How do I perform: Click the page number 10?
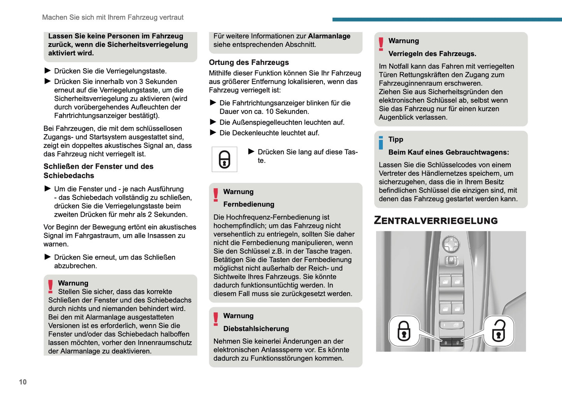pos(23,382)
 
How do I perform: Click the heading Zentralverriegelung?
pos(436,221)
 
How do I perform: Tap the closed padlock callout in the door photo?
pos(404,331)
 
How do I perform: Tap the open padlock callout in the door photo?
pos(499,331)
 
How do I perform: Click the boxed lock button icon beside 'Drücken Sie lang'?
pos(224,159)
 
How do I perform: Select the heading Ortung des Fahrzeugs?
pos(249,62)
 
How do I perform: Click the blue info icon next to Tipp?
pos(381,143)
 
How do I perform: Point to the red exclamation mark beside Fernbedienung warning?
pos(215,195)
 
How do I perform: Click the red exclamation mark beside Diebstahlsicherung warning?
pos(215,319)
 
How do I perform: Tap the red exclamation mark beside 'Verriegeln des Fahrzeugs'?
pos(381,44)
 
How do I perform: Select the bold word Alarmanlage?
pos(329,36)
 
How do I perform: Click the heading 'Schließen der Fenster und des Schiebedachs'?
pos(98,171)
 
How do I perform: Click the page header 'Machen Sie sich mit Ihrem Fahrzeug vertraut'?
pos(113,18)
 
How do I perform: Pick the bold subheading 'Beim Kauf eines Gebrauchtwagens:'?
pos(448,152)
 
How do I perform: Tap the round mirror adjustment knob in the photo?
pos(451,245)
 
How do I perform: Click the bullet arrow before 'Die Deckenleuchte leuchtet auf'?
pos(213,133)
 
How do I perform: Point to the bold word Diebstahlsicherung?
pos(256,329)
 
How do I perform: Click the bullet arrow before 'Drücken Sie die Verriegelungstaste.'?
pos(47,71)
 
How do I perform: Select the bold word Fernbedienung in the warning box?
pos(249,204)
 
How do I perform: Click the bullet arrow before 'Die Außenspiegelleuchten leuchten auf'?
pos(213,122)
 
